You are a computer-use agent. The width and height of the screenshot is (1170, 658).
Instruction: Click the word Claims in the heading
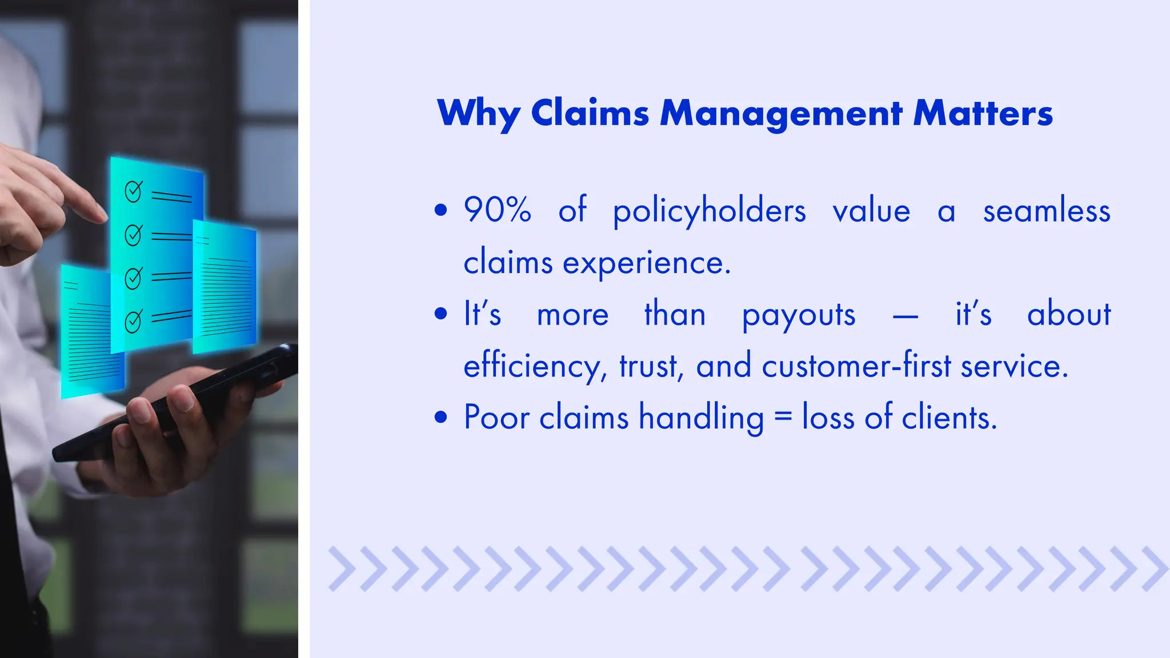point(590,113)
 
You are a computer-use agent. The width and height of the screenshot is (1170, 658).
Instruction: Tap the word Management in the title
point(781,114)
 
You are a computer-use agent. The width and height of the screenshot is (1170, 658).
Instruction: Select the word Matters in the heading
point(983,113)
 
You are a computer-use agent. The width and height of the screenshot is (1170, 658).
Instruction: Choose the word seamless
point(1047,210)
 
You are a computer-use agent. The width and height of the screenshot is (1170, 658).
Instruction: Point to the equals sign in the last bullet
point(783,418)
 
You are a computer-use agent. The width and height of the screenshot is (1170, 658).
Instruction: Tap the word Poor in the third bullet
point(496,417)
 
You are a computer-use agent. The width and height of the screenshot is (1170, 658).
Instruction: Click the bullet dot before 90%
point(440,210)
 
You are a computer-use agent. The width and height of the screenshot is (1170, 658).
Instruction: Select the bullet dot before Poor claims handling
point(440,417)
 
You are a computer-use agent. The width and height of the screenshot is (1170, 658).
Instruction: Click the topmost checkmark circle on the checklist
point(133,191)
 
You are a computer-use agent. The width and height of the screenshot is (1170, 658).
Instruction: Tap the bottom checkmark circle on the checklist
point(133,322)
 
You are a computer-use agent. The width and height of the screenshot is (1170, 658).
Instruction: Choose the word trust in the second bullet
point(650,366)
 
